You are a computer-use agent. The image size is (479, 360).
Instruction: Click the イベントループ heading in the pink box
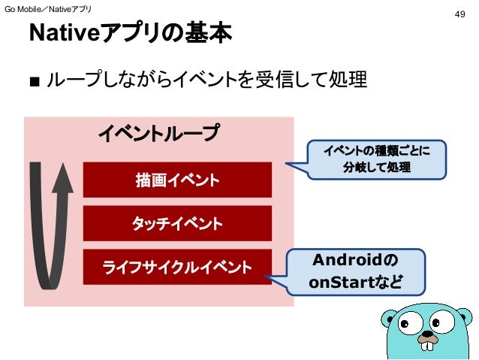(x=159, y=134)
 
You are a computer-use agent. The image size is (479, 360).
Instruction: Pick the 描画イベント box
(x=176, y=180)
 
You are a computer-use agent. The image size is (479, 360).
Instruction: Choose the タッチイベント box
(x=176, y=224)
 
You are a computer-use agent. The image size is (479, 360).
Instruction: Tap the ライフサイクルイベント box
(x=176, y=266)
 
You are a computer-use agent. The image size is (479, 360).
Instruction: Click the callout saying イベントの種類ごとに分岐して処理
(x=377, y=159)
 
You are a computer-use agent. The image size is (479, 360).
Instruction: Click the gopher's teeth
(x=430, y=346)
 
